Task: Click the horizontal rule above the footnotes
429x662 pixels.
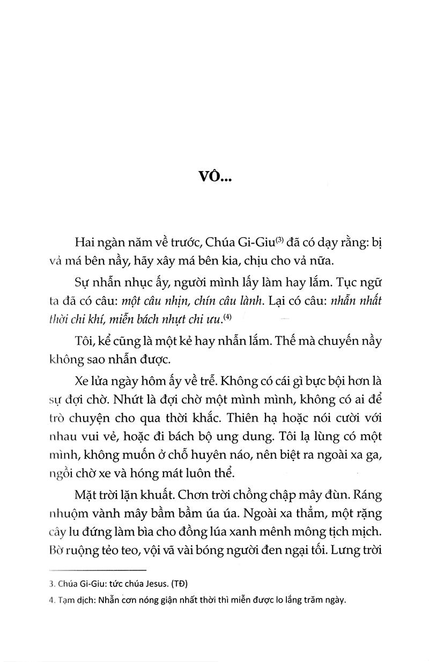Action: (97, 570)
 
